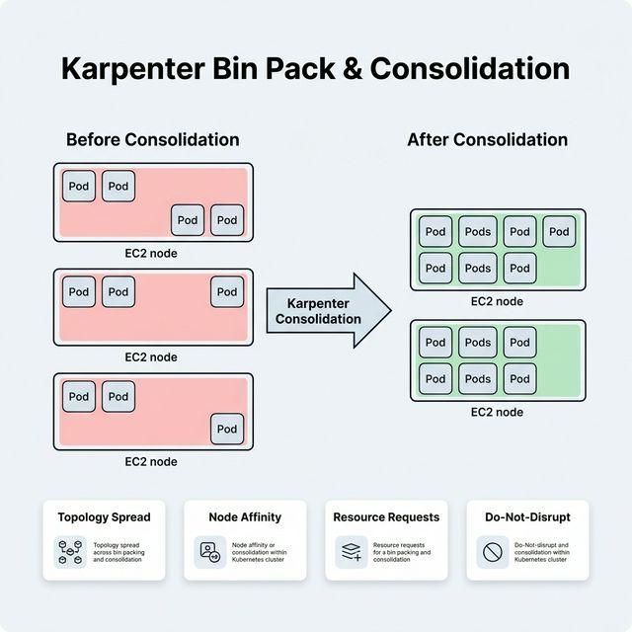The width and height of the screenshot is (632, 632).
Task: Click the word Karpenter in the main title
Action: (x=138, y=68)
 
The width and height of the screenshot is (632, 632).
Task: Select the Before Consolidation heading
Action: (x=152, y=139)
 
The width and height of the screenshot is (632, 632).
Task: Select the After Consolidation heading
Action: (x=487, y=139)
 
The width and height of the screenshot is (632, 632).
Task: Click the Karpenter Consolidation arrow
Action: (x=326, y=311)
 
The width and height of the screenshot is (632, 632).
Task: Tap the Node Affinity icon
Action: (x=211, y=552)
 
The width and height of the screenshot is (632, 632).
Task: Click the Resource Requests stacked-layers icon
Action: (x=352, y=552)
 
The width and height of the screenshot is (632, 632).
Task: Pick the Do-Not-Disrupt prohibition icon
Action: (x=492, y=552)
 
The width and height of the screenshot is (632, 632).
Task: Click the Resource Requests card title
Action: (x=386, y=516)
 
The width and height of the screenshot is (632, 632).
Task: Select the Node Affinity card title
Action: (x=245, y=516)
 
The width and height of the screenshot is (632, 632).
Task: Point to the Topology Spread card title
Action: (x=104, y=516)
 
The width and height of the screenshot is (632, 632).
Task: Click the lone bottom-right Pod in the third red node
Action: (x=227, y=429)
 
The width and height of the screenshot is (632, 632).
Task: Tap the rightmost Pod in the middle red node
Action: (x=227, y=292)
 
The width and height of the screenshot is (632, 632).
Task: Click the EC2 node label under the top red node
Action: (x=151, y=253)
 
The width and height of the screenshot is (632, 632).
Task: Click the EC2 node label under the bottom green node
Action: (x=497, y=412)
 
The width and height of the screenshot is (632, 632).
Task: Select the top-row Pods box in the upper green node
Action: (x=477, y=232)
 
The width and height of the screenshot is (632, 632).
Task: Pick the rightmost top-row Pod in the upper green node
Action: (x=559, y=232)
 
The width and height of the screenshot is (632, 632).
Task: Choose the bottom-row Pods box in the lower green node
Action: (x=477, y=378)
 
